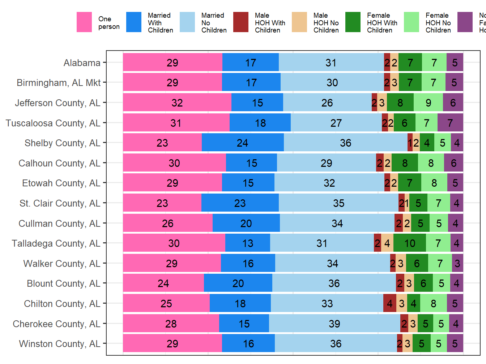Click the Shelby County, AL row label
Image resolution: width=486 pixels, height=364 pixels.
point(62,143)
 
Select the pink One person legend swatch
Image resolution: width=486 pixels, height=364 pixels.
point(84,22)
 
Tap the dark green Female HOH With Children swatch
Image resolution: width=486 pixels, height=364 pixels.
point(353,22)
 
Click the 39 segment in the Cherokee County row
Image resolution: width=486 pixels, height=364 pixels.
point(334,324)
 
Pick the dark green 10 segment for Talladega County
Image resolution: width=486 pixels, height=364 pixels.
point(410,243)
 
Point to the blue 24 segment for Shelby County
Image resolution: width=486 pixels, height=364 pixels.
point(243,143)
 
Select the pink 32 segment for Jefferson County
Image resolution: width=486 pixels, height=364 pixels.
point(177,103)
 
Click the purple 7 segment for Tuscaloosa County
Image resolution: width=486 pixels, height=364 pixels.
point(450,123)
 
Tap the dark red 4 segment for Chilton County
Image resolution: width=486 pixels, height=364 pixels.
point(389,303)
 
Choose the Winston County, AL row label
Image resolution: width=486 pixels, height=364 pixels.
point(59,343)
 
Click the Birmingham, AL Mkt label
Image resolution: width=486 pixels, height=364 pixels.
point(59,83)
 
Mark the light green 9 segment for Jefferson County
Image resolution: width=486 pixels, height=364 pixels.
point(428,103)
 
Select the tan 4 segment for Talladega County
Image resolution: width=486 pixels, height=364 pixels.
point(387,243)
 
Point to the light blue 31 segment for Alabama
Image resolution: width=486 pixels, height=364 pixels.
point(331,62)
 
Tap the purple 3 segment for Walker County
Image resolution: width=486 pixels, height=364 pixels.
point(457,263)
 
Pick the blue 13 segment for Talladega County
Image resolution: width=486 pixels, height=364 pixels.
point(248,243)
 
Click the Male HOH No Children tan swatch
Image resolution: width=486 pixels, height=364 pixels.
point(299,22)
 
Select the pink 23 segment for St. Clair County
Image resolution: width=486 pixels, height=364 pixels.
point(162,203)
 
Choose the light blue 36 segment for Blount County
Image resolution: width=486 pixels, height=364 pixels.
point(334,283)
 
